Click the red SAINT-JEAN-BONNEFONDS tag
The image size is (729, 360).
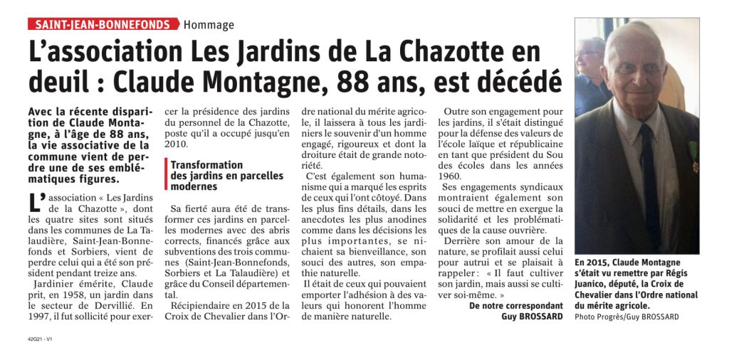pos(103,25)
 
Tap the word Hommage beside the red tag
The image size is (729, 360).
pos(209,26)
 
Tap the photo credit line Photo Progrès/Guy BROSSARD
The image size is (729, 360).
pos(627,316)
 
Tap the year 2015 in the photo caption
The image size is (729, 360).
pos(595,263)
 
